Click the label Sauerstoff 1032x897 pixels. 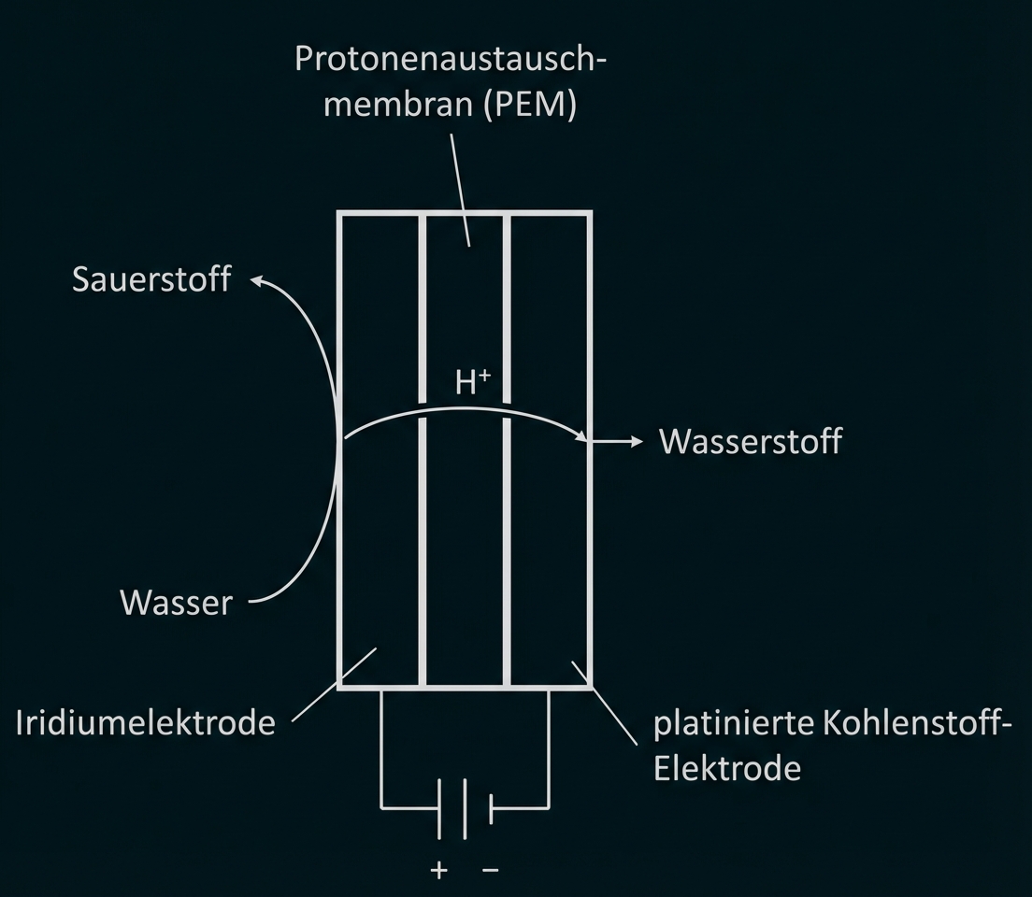150,279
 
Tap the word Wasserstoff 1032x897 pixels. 751,441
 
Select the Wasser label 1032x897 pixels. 176,603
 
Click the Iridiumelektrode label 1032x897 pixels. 146,722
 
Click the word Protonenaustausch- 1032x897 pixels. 451,58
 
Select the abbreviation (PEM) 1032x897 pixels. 529,105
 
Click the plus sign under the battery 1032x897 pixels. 438,870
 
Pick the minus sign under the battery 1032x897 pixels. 491,870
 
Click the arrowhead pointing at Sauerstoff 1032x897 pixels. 259,280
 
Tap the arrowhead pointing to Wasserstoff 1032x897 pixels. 637,441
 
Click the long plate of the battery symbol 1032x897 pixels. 438,806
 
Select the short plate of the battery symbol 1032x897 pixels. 491,806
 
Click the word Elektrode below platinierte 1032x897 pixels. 726,768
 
